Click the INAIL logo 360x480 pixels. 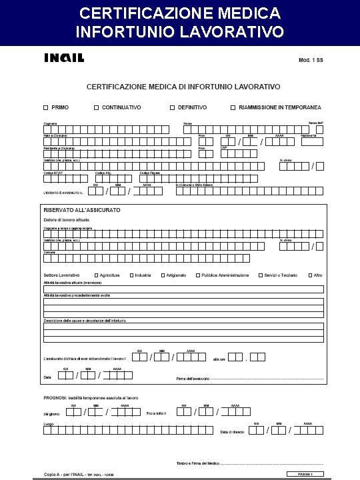coord(64,58)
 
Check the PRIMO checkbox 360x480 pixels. coord(45,107)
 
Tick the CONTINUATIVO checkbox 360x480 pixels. coord(96,107)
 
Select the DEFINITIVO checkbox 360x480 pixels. coord(172,107)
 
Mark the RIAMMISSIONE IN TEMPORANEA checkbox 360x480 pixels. coord(233,107)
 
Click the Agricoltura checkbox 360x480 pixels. coord(96,275)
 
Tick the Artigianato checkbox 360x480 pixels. coord(161,275)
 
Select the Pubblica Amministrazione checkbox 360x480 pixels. coord(197,275)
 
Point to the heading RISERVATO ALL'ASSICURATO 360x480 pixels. coord(82,210)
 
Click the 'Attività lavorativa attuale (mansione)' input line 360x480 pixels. coord(183,289)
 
